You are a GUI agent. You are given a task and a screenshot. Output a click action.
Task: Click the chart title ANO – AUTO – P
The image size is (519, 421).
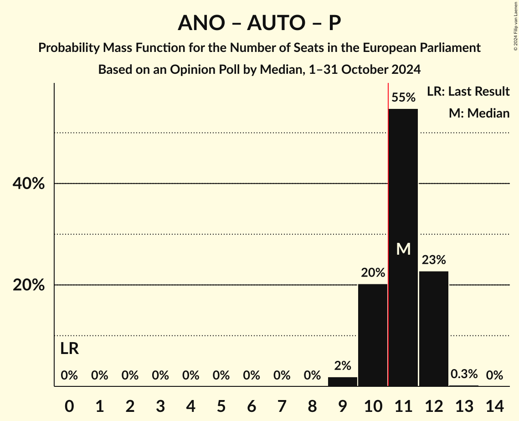(x=259, y=23)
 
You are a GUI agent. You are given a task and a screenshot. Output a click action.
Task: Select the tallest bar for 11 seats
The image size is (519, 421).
(x=403, y=182)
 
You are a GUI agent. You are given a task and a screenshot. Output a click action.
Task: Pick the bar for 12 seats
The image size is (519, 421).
(x=434, y=329)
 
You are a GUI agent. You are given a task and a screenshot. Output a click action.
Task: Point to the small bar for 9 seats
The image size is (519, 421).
(x=343, y=382)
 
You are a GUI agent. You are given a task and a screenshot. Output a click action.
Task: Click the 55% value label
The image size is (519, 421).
(x=403, y=98)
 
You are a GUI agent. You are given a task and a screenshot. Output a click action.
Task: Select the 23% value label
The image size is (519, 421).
(x=434, y=260)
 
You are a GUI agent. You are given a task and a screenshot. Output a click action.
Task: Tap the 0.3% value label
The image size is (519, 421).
(x=464, y=375)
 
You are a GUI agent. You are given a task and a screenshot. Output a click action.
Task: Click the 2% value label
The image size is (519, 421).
(x=343, y=365)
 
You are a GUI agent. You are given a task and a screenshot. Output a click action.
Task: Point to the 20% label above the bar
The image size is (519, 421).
(x=373, y=273)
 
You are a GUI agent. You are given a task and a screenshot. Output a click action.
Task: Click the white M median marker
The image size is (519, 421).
(x=403, y=249)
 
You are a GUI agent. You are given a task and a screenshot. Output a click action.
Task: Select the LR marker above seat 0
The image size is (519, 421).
(x=69, y=349)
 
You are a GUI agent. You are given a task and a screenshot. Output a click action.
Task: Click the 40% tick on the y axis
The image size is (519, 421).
(x=28, y=184)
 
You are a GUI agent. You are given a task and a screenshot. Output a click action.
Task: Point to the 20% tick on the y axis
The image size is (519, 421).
(x=28, y=285)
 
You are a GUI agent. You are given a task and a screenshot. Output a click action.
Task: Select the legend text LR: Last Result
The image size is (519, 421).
(x=468, y=92)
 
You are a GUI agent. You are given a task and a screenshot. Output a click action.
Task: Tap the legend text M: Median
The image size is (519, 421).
(x=479, y=113)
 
